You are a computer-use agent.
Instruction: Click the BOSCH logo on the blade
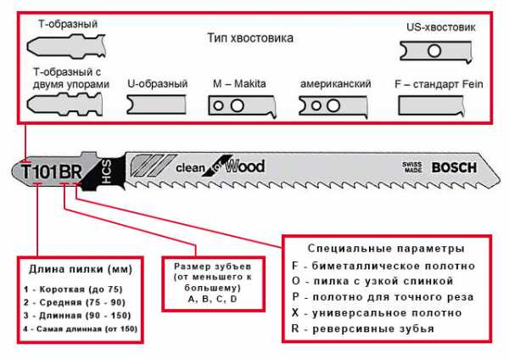click(454, 166)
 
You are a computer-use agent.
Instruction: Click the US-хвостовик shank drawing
click(434, 51)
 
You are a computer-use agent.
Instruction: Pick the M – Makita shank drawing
click(242, 106)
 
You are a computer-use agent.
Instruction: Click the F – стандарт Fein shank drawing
click(436, 105)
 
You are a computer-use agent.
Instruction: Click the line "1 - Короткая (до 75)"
click(69, 290)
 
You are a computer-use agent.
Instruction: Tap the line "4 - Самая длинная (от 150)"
click(81, 327)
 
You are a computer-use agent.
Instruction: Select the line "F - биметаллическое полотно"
click(382, 267)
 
